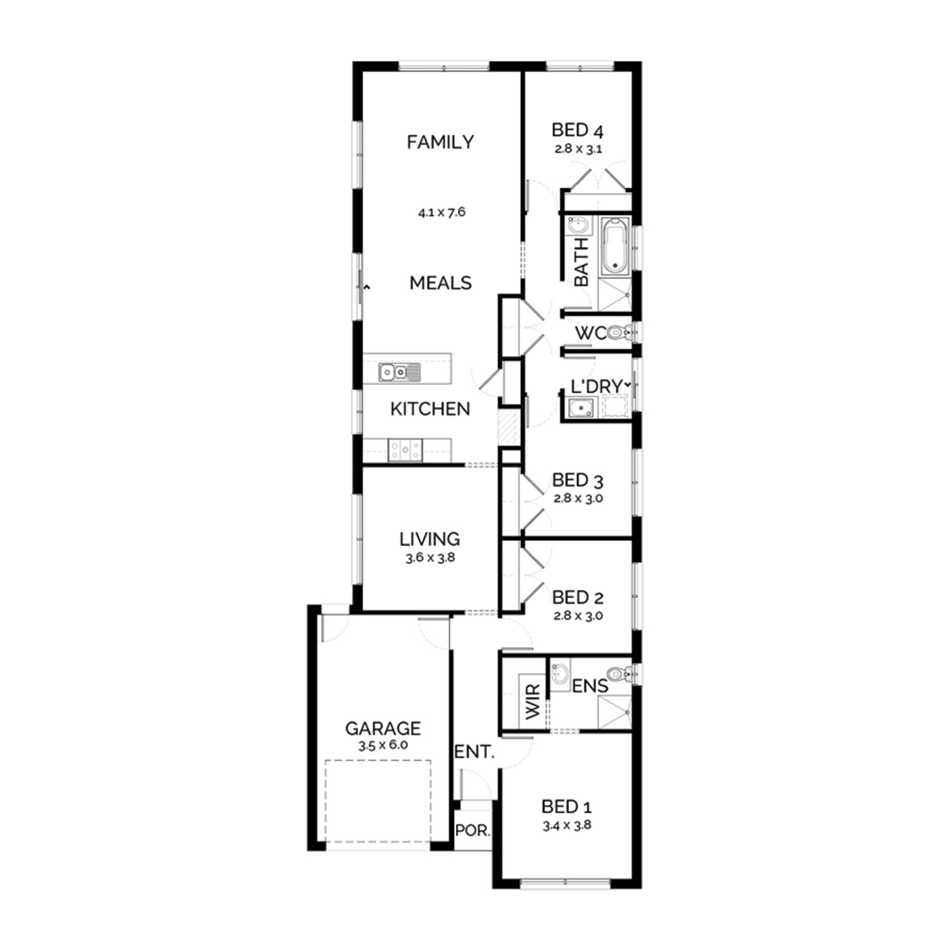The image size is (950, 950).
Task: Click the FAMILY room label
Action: click(x=440, y=142)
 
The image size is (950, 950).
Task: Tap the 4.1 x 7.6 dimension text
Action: click(x=441, y=212)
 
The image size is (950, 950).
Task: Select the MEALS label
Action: click(x=441, y=282)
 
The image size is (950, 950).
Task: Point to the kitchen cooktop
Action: click(x=405, y=450)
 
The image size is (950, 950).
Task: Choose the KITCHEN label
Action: click(x=430, y=409)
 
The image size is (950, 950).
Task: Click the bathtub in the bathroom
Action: click(x=614, y=246)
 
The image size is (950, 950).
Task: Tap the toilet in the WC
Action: click(x=619, y=332)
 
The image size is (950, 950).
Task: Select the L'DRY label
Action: click(x=597, y=386)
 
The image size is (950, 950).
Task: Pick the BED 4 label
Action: click(x=578, y=130)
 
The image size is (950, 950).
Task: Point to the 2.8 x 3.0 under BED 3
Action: click(x=578, y=498)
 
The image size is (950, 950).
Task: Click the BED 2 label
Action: click(x=578, y=597)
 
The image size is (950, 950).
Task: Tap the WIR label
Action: click(x=533, y=702)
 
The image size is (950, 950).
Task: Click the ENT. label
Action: click(x=474, y=752)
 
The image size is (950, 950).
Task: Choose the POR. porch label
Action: click(x=473, y=830)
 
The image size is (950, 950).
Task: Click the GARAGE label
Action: click(x=383, y=728)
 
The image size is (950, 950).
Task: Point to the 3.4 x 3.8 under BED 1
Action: click(x=567, y=825)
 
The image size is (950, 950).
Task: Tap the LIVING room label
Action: click(x=429, y=539)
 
